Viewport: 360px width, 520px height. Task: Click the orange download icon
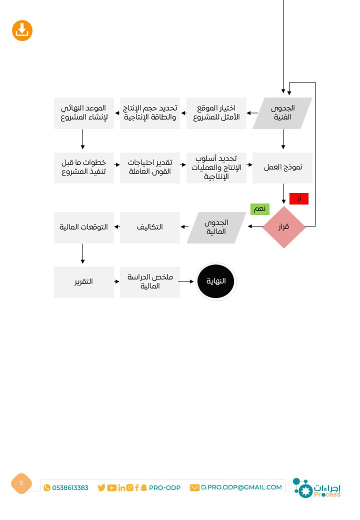(x=22, y=31)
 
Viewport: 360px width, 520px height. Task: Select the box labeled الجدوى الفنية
(x=282, y=113)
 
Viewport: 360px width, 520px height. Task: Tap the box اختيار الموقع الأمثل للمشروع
(x=216, y=113)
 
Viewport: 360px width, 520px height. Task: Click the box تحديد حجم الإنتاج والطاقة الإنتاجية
(x=150, y=113)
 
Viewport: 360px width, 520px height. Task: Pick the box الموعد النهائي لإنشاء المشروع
(x=83, y=113)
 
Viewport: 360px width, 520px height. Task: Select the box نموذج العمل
(x=282, y=167)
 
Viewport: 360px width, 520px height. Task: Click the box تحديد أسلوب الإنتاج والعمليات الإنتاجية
(x=216, y=167)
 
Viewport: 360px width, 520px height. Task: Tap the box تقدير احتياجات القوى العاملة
(x=150, y=167)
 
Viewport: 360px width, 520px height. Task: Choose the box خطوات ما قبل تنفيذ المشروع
(x=83, y=167)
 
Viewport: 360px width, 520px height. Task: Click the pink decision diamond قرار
(x=283, y=227)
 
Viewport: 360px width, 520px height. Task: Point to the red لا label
(x=298, y=199)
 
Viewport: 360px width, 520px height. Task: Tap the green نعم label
(x=259, y=209)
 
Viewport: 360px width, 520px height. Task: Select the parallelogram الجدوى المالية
(x=216, y=227)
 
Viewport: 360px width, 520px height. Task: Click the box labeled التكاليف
(x=150, y=227)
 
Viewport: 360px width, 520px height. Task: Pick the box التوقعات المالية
(x=83, y=227)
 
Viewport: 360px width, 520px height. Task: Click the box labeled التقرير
(x=83, y=282)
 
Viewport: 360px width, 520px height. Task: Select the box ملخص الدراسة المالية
(x=150, y=282)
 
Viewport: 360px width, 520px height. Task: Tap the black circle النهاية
(x=216, y=281)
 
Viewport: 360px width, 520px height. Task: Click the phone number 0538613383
(x=70, y=487)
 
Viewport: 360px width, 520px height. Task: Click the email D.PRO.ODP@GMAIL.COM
(x=241, y=487)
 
